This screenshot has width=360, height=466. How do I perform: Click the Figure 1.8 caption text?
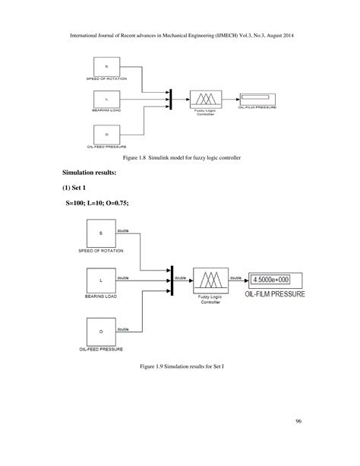180,157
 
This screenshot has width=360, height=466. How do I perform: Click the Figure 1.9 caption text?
180,366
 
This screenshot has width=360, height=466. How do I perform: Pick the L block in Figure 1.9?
99,281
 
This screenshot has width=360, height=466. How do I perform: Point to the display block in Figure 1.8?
256,97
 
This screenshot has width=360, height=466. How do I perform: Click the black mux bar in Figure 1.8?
171,99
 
